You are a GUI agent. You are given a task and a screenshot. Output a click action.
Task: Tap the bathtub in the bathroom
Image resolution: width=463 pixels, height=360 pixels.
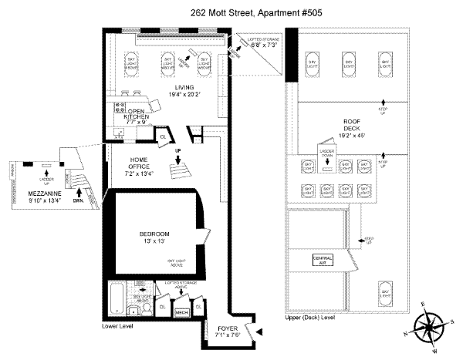pos(113,301)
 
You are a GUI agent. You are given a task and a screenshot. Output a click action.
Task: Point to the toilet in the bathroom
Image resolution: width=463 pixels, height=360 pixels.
pos(133,311)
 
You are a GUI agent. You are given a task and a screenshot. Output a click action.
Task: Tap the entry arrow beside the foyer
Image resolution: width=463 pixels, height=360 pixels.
pos(260,331)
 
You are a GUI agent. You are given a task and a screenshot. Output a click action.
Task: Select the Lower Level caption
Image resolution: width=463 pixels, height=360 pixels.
pos(119,327)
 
